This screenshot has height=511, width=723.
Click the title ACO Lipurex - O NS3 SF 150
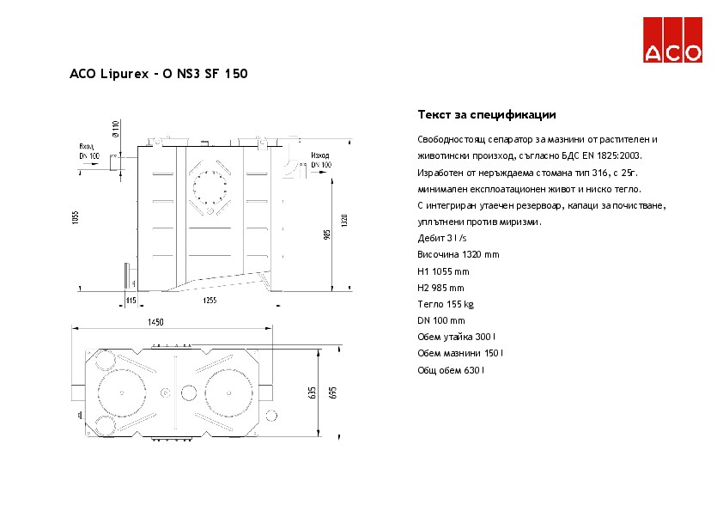(x=159, y=75)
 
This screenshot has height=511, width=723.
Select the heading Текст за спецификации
(x=487, y=114)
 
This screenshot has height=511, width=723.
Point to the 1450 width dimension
(x=155, y=322)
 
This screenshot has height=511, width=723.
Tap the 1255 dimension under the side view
(x=210, y=300)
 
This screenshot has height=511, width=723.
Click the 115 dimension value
(x=131, y=300)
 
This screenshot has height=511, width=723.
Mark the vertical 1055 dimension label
(x=76, y=218)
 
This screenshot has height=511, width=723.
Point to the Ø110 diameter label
(x=116, y=129)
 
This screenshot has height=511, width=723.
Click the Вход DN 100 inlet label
(x=89, y=151)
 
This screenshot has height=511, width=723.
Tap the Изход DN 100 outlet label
(x=320, y=159)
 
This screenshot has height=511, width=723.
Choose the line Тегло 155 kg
(x=446, y=304)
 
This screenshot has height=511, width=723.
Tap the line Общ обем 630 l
(x=451, y=369)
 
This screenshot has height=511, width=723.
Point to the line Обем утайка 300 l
(x=457, y=337)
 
